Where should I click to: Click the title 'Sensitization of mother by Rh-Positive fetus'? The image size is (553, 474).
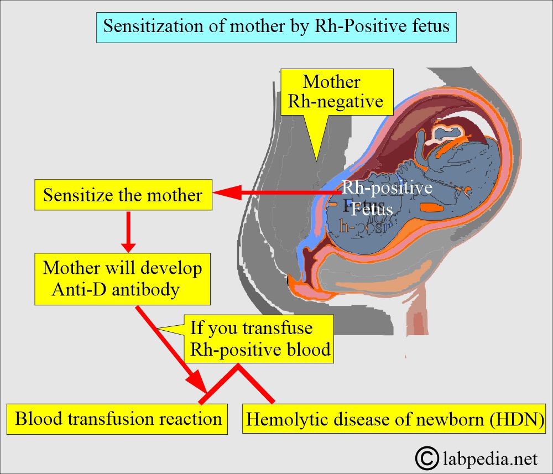(x=276, y=27)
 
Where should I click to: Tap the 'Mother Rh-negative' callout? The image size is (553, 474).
(x=336, y=92)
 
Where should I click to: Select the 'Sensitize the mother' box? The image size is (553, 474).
(x=123, y=195)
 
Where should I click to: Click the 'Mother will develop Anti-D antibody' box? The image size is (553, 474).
(x=122, y=279)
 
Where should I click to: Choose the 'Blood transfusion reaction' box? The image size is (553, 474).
(x=118, y=418)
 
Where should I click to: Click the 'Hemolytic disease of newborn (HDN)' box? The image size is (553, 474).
(x=394, y=419)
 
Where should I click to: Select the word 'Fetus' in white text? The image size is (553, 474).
(x=372, y=210)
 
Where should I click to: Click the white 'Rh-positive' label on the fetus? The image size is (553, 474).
(x=387, y=188)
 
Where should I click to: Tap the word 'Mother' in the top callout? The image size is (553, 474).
(x=331, y=82)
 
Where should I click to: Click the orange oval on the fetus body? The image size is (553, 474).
(x=432, y=208)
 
